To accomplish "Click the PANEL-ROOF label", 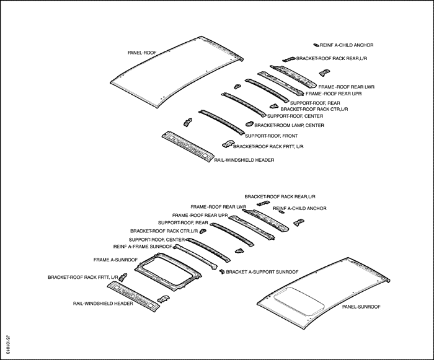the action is tap(142, 53).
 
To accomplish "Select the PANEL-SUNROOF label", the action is tap(361, 307).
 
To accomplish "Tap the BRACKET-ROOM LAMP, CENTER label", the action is tap(290, 125).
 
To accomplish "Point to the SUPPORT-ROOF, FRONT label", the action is tap(272, 136).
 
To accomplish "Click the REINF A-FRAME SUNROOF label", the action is tap(143, 247).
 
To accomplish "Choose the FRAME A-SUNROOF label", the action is tap(115, 260).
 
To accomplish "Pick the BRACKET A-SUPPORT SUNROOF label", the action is tap(262, 272).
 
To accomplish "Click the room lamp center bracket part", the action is tap(249, 123).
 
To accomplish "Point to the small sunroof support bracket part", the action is tap(222, 271).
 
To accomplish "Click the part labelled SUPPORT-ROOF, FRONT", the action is tap(221, 122).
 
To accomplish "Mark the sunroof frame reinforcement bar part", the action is tap(195, 257).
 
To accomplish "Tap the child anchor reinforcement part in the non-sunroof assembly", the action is tap(316, 45).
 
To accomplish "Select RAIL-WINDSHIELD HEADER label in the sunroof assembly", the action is tap(103, 304).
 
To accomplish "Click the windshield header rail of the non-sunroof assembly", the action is tap(188, 147).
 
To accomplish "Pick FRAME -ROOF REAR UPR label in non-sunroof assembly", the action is tap(334, 94).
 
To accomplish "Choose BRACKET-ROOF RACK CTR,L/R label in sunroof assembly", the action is tap(164, 231).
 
